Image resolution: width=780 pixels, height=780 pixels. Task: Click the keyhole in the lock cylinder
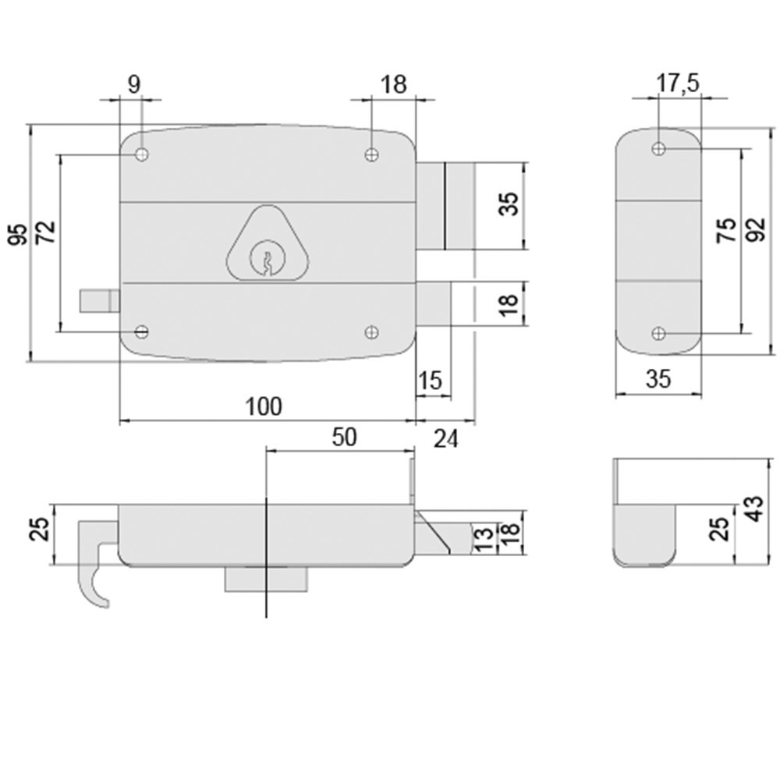[x=266, y=260]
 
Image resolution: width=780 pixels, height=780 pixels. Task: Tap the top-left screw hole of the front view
[x=141, y=154]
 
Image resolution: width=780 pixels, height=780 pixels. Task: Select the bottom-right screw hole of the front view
[x=372, y=333]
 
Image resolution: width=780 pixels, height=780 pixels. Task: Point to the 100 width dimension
[x=263, y=406]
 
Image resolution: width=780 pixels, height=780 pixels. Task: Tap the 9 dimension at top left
[x=133, y=85]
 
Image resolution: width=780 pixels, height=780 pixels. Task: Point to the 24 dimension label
[x=445, y=439]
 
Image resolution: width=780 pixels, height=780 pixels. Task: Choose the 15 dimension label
[x=430, y=381]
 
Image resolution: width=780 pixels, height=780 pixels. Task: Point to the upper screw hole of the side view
[x=659, y=148]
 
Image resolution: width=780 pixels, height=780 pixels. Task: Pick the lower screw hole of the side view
[x=659, y=334]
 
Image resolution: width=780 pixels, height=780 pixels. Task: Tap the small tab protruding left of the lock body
[x=99, y=300]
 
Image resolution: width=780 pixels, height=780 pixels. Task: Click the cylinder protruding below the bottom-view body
[x=266, y=578]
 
